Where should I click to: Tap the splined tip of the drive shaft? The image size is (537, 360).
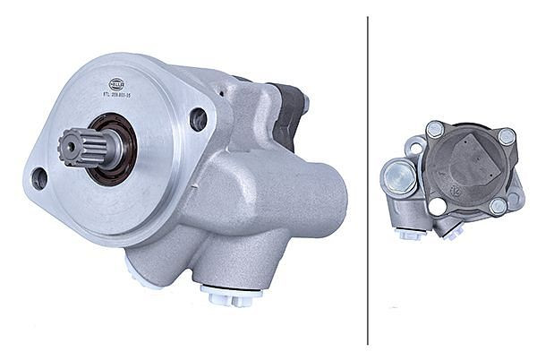point(72,145)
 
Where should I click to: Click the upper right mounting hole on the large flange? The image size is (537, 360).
point(199,118)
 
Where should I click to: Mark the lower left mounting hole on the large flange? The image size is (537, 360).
point(38,177)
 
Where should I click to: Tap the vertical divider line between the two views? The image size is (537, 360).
point(368,179)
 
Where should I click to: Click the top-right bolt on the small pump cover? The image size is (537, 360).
point(507,137)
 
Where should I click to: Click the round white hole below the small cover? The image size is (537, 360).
point(438,207)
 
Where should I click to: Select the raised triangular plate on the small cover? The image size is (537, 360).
point(474,161)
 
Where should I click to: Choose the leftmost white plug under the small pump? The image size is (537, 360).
point(411,236)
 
